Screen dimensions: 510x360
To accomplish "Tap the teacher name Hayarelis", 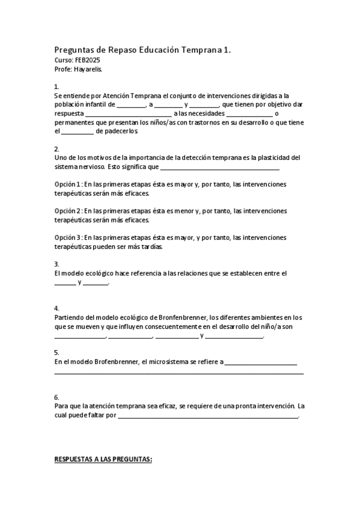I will (88, 69).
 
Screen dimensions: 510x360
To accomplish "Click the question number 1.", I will (56, 87).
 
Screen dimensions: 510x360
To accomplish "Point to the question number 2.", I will (56, 149).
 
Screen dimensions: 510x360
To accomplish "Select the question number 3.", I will (56, 264).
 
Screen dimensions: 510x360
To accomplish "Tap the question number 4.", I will (56, 308).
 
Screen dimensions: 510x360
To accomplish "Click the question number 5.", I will (56, 352).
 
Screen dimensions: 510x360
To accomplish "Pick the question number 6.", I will (56, 397).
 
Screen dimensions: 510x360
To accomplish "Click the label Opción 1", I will (67, 184).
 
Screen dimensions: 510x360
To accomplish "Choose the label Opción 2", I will (67, 211).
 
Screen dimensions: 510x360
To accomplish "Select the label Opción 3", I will (67, 237).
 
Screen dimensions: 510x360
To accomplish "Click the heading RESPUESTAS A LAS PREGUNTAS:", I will (103, 459).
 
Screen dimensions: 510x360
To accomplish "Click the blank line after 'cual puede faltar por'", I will (207, 416).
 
